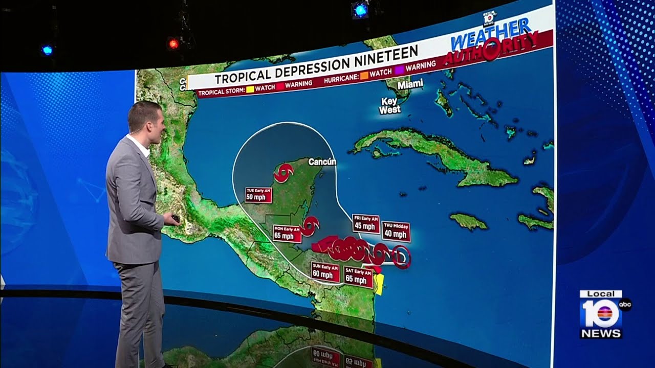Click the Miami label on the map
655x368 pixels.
[411, 83]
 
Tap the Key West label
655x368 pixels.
[390, 105]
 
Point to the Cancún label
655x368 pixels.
[322, 162]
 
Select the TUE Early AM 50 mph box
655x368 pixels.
[258, 195]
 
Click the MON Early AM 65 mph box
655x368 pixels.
[287, 233]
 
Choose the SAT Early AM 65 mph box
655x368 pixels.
[358, 277]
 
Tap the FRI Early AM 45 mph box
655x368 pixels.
[366, 224]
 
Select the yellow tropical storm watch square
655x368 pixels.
[250, 89]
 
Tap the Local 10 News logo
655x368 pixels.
[602, 314]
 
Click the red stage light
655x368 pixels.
[173, 44]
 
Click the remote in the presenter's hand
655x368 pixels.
[176, 219]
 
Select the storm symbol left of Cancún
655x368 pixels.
[282, 173]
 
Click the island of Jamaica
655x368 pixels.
[468, 221]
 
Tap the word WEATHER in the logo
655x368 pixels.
[490, 35]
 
